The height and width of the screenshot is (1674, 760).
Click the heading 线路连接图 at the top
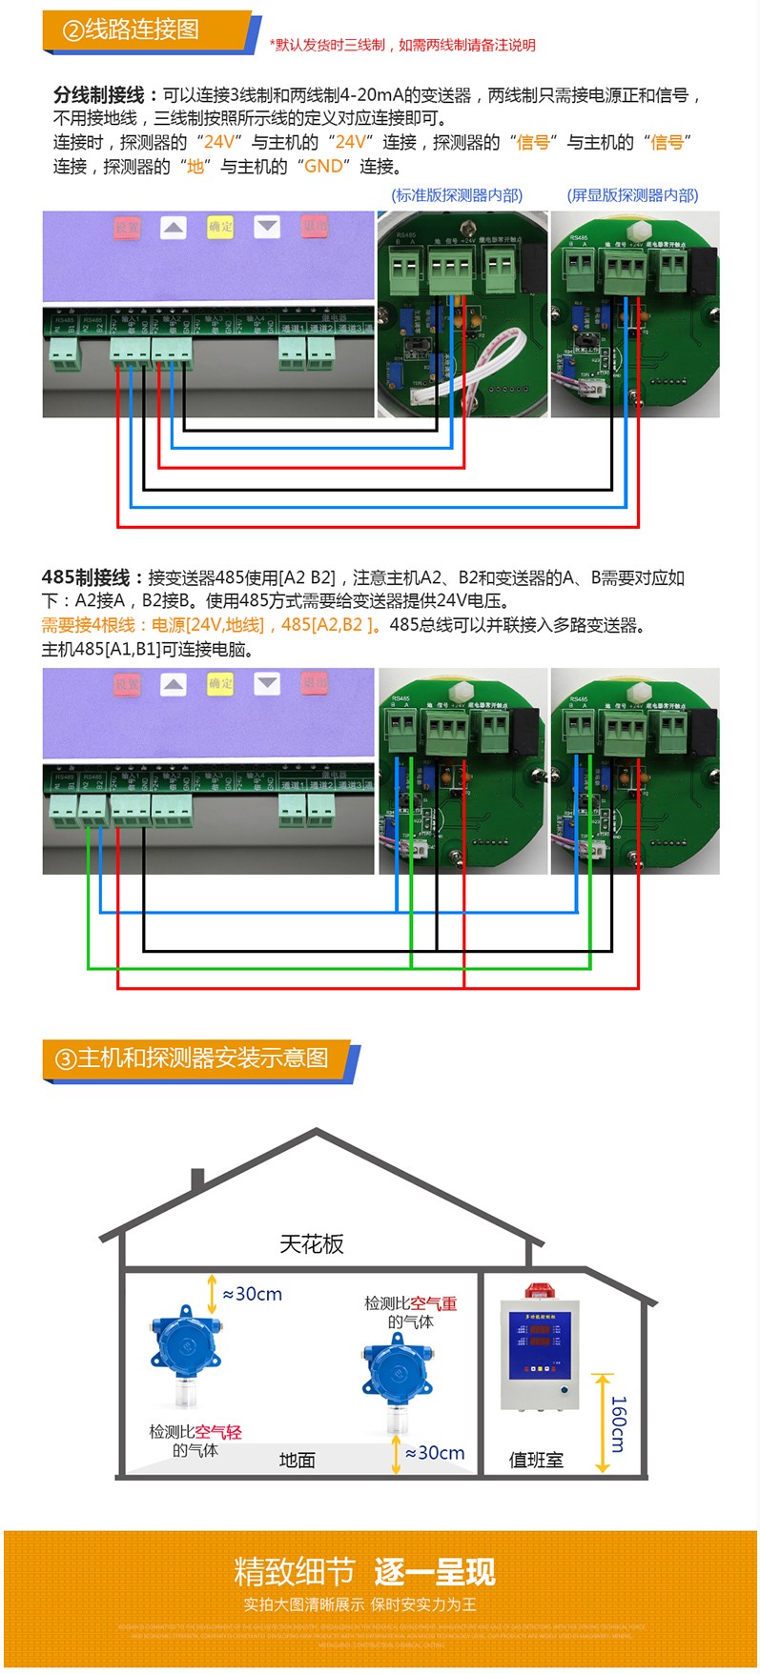[x=141, y=30]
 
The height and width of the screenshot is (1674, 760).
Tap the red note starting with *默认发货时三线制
[x=401, y=45]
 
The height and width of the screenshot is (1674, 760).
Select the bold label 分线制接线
[x=98, y=95]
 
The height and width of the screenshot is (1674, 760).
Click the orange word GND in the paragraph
[x=322, y=167]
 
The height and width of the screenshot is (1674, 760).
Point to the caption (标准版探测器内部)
[x=457, y=195]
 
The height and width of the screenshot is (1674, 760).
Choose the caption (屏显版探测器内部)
[x=632, y=195]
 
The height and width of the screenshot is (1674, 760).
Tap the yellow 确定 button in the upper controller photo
[x=220, y=227]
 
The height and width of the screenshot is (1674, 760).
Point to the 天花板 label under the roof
[x=312, y=1243]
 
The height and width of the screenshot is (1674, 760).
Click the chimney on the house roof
[x=197, y=1180]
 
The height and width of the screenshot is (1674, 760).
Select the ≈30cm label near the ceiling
[x=253, y=1294]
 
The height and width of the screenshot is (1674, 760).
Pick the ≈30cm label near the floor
[x=435, y=1453]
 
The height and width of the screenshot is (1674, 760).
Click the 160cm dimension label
[x=619, y=1423]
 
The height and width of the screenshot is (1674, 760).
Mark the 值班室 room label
[x=536, y=1460]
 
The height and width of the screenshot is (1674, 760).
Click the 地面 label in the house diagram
[x=297, y=1460]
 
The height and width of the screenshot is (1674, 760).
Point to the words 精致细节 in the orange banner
[x=294, y=1571]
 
